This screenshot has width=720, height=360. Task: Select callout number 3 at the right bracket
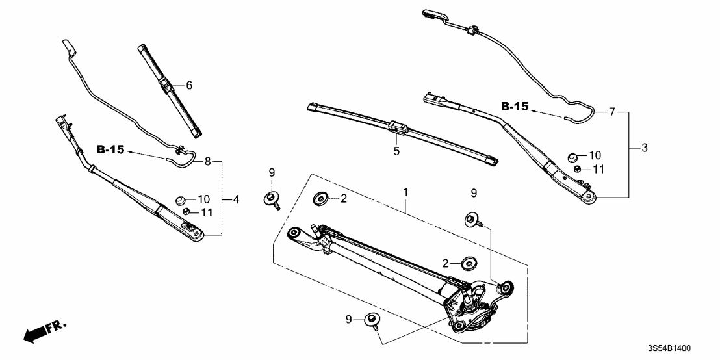643,148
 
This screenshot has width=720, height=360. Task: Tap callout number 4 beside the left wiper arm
237,199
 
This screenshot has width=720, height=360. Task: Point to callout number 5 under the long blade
396,151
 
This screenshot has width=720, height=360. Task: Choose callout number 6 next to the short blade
189,85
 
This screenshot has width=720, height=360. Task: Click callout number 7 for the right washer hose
611,112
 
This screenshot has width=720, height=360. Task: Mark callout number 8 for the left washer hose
207,161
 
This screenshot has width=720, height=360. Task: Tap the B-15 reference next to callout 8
110,150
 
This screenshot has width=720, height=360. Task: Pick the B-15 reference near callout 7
515,107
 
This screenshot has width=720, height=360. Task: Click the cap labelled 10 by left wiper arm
182,199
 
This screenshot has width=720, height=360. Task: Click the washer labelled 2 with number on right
320,198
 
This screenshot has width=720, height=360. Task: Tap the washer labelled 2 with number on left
466,264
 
